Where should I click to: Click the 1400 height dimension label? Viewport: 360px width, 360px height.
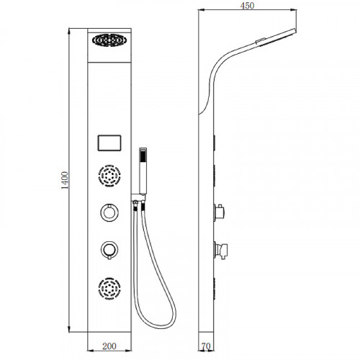65,180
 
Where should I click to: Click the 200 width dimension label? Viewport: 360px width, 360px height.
109,346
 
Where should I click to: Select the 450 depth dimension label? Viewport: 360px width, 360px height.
247,6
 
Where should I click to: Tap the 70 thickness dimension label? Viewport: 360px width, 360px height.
206,346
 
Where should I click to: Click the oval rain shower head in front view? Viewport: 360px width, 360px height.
109,40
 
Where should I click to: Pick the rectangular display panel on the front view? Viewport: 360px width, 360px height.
109,143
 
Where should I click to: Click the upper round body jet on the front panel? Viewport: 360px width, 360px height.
109,176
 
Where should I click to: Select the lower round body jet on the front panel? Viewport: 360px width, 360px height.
109,288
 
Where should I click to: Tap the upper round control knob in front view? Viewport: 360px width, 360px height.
109,212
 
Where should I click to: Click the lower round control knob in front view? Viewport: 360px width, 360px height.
109,250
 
